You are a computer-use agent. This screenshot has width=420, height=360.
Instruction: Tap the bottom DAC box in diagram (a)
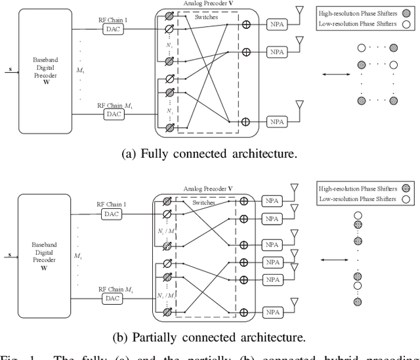tap(114, 114)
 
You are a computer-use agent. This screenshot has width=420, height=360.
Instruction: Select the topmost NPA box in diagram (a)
tap(276, 22)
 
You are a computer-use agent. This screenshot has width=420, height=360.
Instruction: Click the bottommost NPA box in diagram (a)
tap(276, 121)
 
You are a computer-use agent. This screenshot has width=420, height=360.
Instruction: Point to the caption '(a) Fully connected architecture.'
tap(209, 154)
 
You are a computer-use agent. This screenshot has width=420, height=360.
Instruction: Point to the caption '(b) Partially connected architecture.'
tap(209, 338)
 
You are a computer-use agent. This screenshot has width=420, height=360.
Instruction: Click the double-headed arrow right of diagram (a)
tap(335, 74)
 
